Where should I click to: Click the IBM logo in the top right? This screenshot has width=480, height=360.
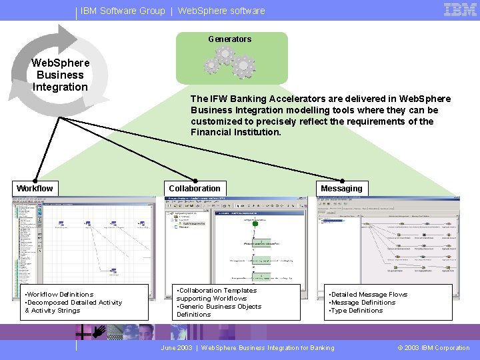pos(460,10)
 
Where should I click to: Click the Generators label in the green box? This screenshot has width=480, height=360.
pos(229,39)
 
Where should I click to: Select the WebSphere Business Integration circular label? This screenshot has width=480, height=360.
pos(60,75)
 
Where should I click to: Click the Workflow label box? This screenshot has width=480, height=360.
pos(35,189)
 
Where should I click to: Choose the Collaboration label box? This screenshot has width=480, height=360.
pos(194,189)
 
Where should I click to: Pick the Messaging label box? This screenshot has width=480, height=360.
pos(341,189)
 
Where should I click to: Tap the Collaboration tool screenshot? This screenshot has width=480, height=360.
pos(236,240)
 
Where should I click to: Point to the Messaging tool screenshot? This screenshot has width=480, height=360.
pos(388,240)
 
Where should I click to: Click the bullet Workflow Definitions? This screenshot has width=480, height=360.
pos(59,295)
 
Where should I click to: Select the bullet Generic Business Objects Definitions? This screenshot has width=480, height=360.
pos(219,311)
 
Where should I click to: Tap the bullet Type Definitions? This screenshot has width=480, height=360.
pos(356,311)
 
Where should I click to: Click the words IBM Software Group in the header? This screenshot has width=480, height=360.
pos(123,11)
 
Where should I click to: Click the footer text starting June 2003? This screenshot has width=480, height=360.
pos(247,348)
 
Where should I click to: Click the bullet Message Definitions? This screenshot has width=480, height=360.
pos(363,303)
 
